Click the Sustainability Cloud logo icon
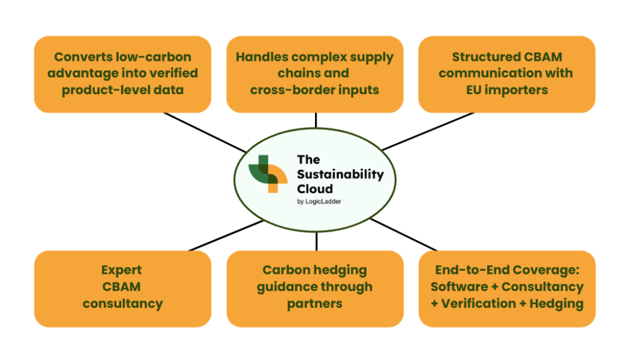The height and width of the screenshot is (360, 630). coord(268,174)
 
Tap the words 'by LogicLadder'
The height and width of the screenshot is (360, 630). coord(319,202)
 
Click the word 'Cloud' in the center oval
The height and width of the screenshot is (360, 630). coord(315,189)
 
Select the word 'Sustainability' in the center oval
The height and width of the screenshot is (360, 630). coord(340,174)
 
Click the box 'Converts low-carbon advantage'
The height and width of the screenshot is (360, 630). coord(122,74)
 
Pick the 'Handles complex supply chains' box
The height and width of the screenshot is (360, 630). coord(315,74)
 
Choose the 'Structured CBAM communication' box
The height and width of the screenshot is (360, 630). coord(507,74)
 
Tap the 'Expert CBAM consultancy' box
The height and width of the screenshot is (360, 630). coord(122,289)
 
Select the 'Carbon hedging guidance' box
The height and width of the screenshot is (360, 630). coord(315,289)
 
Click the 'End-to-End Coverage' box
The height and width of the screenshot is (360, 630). coord(507,289)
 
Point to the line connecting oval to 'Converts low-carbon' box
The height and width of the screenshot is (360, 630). coord(205,132)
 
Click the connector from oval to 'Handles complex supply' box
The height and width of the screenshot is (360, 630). coord(316,120)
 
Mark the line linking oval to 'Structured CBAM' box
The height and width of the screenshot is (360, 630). coord(428,131)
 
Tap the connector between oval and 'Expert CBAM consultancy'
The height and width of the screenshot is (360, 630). coord(226,236)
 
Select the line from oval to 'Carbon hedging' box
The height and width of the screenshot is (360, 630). coord(317,241)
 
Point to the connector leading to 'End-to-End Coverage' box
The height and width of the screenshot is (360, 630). coord(404,234)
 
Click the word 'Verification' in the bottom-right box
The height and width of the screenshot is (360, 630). coord(479,303)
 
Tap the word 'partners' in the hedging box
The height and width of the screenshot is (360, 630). coord(314,304)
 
